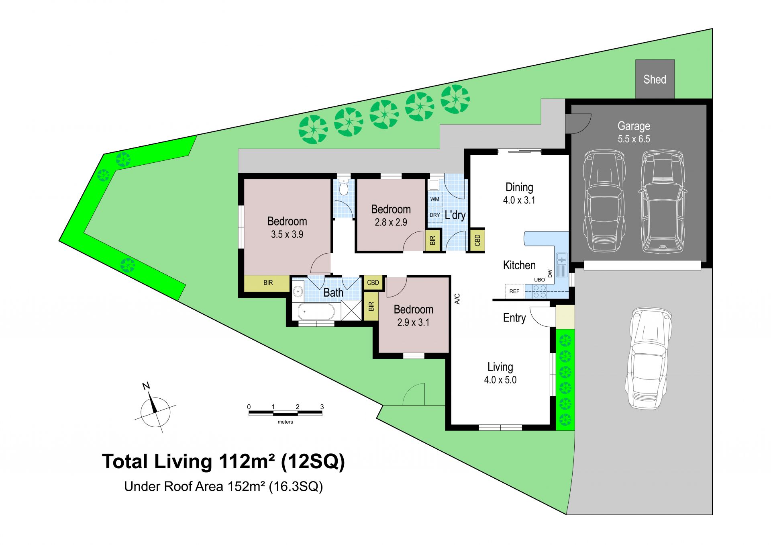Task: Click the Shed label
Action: [x=655, y=79]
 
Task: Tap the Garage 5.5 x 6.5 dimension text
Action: [x=634, y=139]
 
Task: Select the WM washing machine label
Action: [x=435, y=199]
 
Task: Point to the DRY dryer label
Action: [x=435, y=215]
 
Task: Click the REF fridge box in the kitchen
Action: [x=514, y=291]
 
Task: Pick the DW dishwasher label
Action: [x=550, y=273]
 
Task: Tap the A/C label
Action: [x=457, y=299]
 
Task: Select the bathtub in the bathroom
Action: [x=316, y=311]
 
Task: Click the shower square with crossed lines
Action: [x=351, y=311]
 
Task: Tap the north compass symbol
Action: [x=155, y=409]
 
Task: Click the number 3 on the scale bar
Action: [x=322, y=407]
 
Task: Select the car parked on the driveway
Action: [x=648, y=358]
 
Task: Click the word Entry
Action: [x=514, y=318]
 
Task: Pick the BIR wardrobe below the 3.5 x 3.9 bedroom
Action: [x=267, y=283]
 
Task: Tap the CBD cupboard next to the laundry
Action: [x=477, y=240]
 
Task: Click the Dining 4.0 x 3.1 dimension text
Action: [x=519, y=200]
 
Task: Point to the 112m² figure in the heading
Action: [x=247, y=461]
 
